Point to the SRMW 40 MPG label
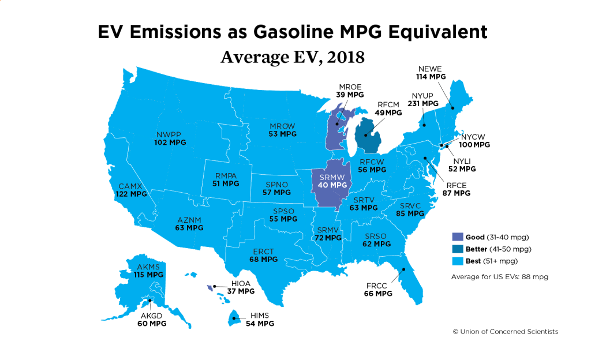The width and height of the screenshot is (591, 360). click(333, 181)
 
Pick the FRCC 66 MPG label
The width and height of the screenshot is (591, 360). click(378, 290)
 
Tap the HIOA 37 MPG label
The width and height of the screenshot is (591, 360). click(240, 287)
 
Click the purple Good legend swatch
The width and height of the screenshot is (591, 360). click(458, 237)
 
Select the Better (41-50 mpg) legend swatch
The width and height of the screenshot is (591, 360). click(458, 249)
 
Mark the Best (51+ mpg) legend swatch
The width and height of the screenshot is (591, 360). click(458, 261)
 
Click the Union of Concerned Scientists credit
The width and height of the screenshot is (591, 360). click(505, 332)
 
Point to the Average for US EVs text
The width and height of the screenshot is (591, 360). click(499, 277)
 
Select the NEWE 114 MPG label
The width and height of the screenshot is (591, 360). click(431, 73)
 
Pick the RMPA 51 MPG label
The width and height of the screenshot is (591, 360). click(226, 179)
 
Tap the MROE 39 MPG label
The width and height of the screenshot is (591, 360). click(350, 91)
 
